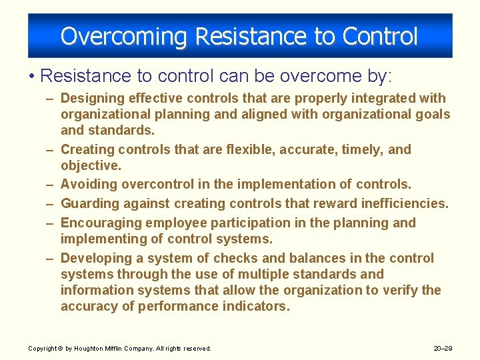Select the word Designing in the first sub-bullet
[92, 98]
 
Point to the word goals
[431, 114]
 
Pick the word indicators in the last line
[258, 306]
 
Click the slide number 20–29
[443, 348]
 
